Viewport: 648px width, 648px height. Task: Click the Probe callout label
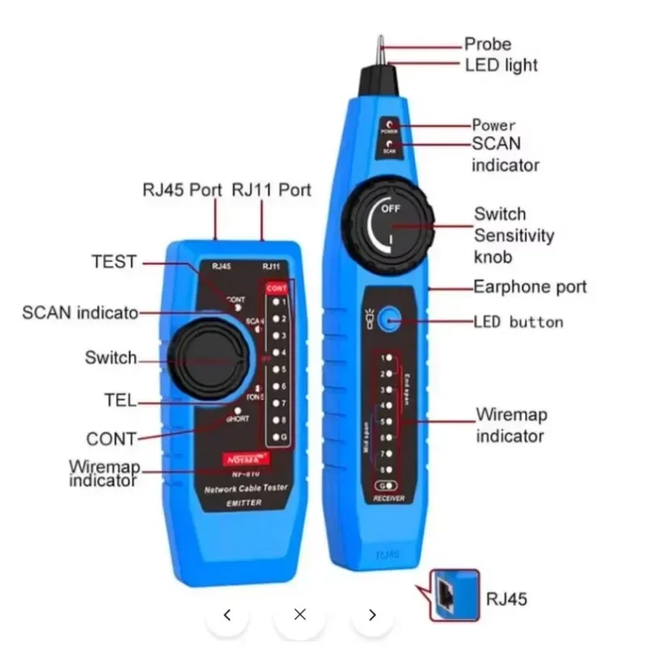[x=487, y=44]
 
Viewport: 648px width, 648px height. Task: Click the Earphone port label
[x=530, y=286]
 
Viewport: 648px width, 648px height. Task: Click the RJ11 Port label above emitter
[x=271, y=190]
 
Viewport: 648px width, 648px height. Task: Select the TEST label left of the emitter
[x=114, y=262]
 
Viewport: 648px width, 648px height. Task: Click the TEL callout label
[x=121, y=401]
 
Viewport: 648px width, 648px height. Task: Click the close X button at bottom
[x=300, y=615]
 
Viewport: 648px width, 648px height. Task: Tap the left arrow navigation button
[x=227, y=615]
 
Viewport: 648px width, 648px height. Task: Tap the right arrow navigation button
[x=373, y=615]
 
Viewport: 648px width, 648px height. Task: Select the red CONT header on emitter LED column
[x=276, y=288]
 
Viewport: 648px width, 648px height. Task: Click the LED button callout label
[x=518, y=322]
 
